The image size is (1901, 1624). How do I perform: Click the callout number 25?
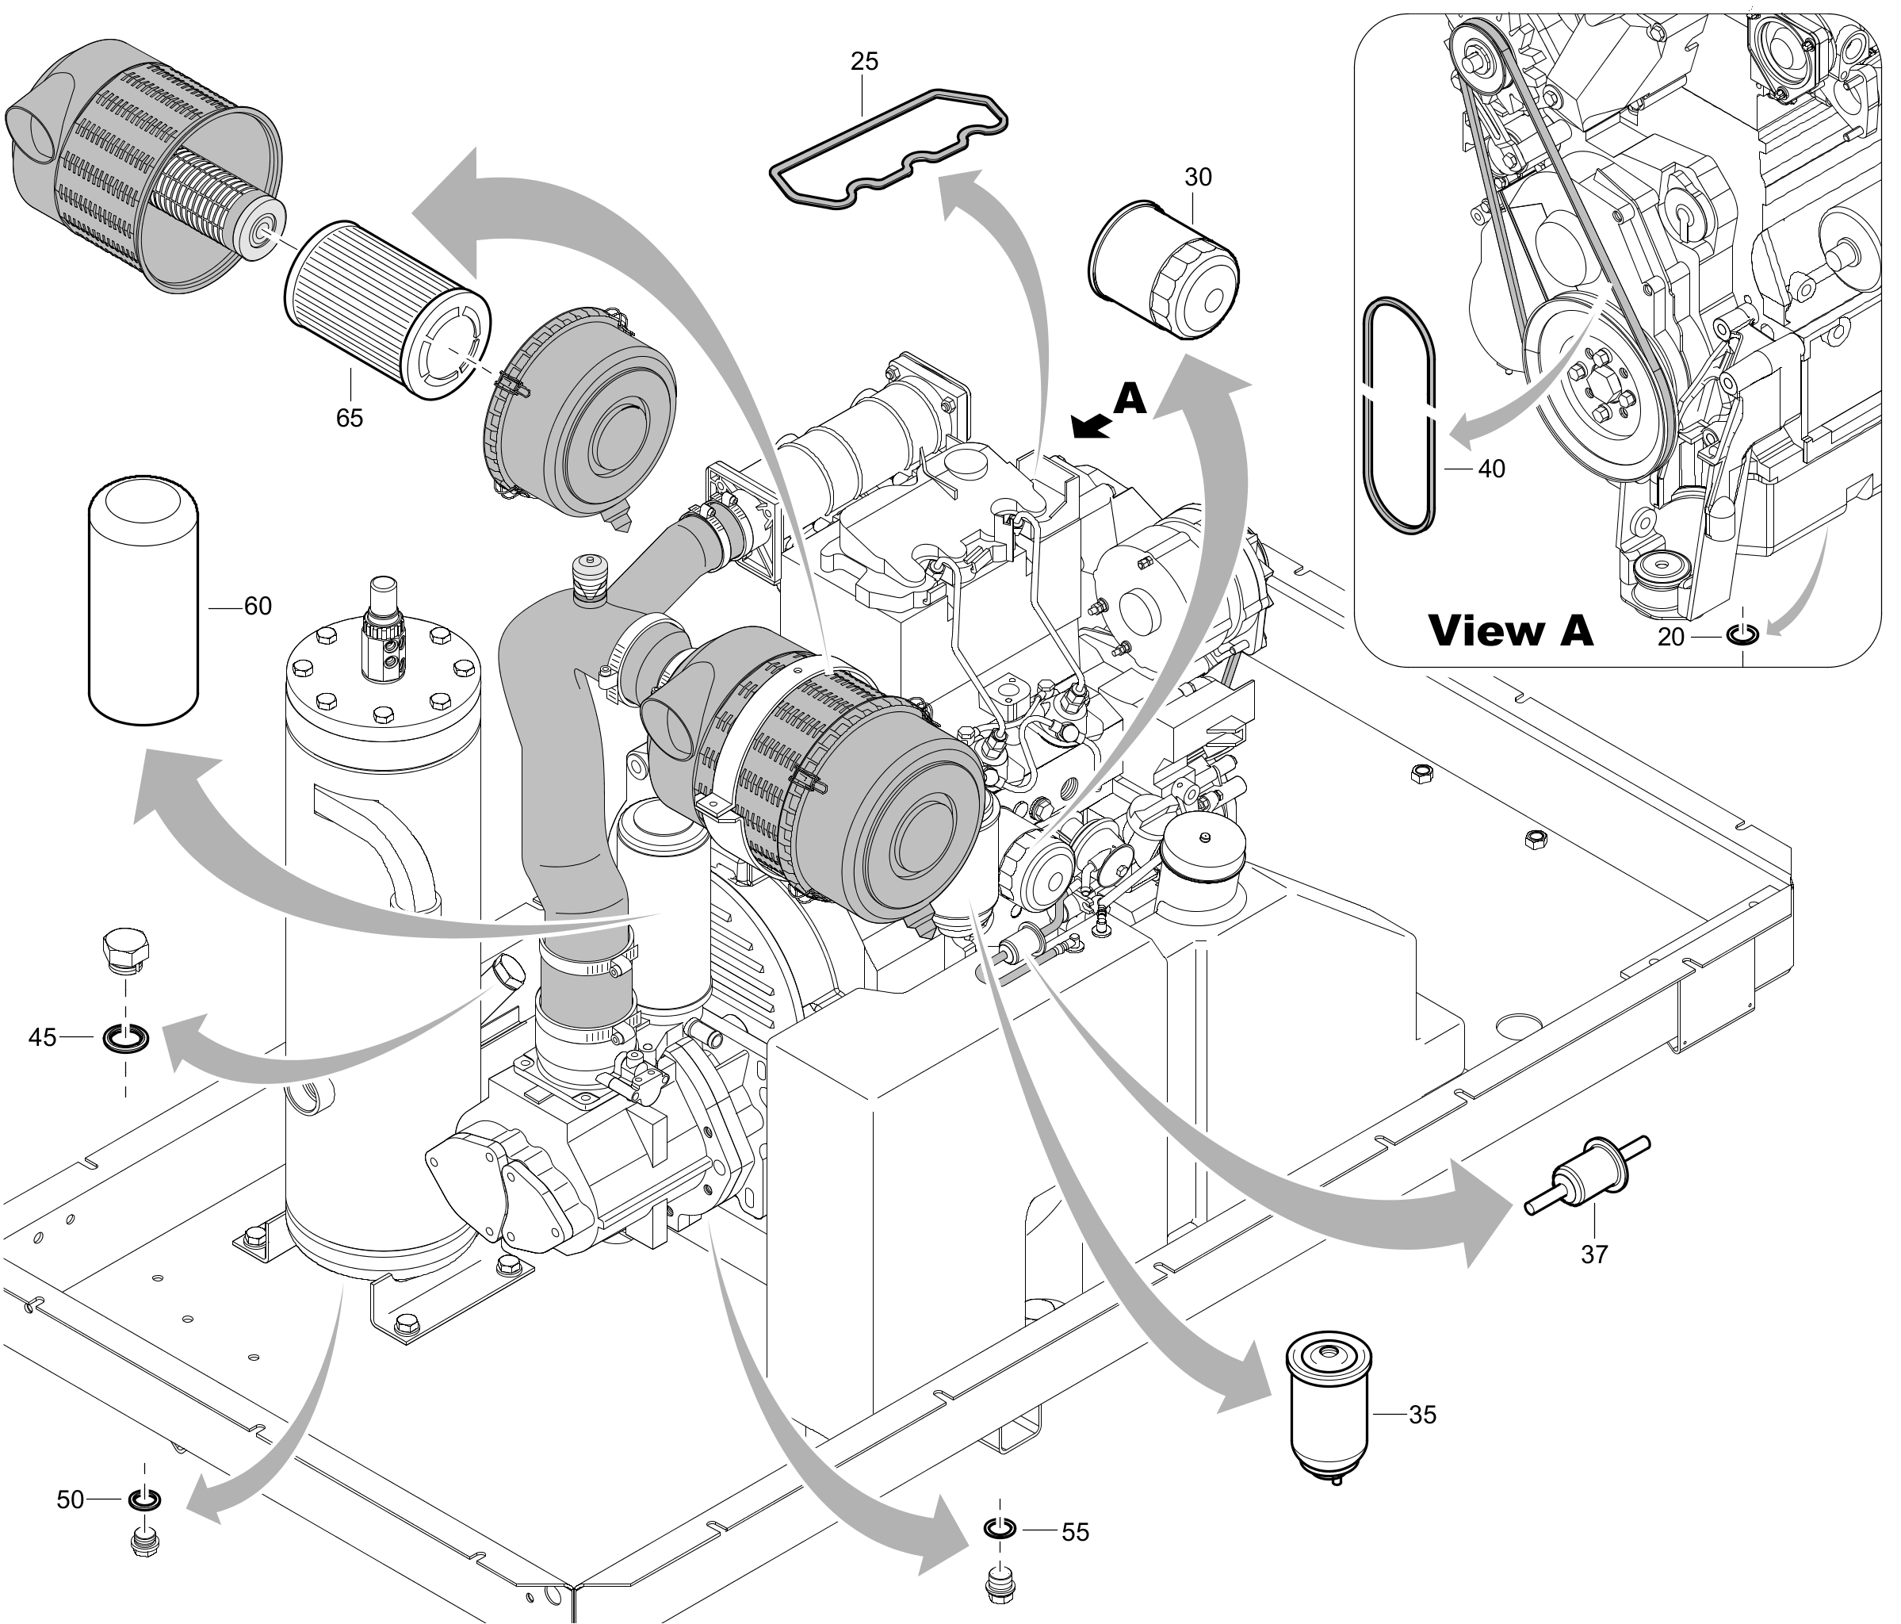pos(864,62)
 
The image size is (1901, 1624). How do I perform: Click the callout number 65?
pos(350,419)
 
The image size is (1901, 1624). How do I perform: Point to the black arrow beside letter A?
pos(1091,426)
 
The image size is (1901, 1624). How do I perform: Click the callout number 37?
pos(1594,1254)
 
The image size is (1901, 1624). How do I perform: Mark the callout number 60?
pos(258,607)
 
